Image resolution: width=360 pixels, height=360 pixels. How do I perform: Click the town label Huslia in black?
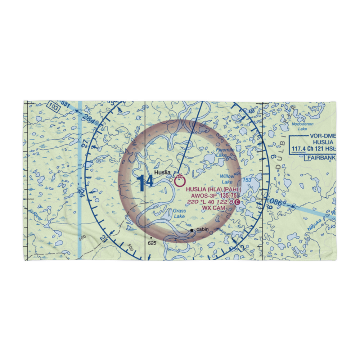pyautogui.click(x=162, y=173)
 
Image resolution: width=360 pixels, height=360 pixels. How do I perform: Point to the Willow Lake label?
pyautogui.click(x=227, y=179)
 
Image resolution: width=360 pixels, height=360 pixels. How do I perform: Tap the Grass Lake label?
pyautogui.click(x=179, y=213)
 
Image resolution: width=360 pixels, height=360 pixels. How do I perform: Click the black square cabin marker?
pyautogui.click(x=192, y=230)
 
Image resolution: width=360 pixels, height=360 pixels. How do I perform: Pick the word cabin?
pyautogui.click(x=202, y=229)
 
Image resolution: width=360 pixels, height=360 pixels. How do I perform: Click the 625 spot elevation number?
pyautogui.click(x=152, y=243)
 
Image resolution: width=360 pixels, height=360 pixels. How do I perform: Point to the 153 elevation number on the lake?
pyautogui.click(x=247, y=180)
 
